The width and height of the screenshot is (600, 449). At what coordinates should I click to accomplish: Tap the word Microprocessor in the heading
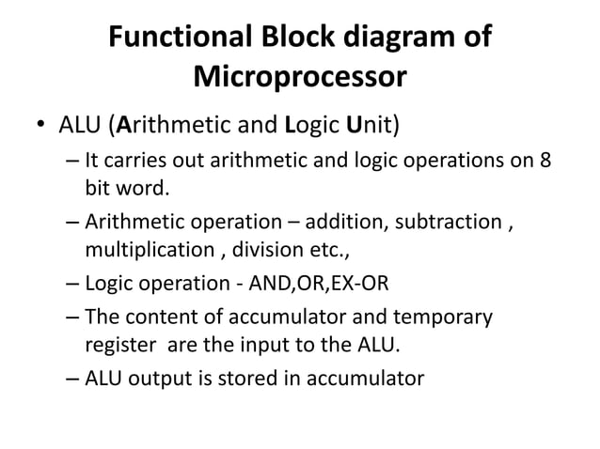(299, 76)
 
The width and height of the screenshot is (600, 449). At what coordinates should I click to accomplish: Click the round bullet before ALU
(40, 125)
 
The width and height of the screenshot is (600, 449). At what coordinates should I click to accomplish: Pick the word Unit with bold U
(372, 124)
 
